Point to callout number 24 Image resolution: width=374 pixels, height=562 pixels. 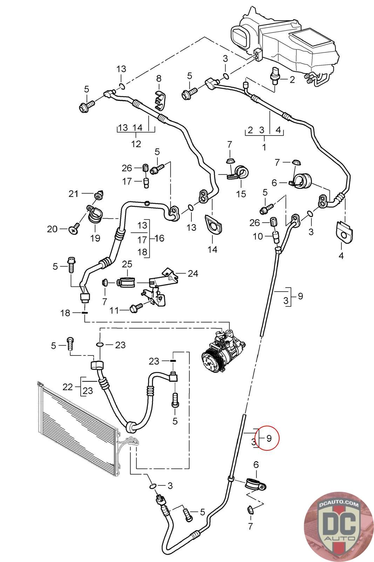click(193, 273)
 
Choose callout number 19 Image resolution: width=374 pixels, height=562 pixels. click(95, 238)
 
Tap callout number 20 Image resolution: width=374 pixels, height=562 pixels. click(53, 229)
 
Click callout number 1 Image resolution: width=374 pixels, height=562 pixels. click(264, 147)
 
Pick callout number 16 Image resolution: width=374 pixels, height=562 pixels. click(159, 238)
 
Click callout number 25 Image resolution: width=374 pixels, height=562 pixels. click(127, 263)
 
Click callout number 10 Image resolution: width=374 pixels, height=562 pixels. click(258, 236)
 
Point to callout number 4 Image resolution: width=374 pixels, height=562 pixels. click(341, 255)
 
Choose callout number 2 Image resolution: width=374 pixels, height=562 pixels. click(292, 80)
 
